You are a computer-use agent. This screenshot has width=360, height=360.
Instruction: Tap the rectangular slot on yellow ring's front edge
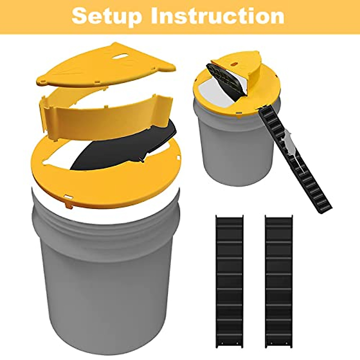(68, 198)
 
